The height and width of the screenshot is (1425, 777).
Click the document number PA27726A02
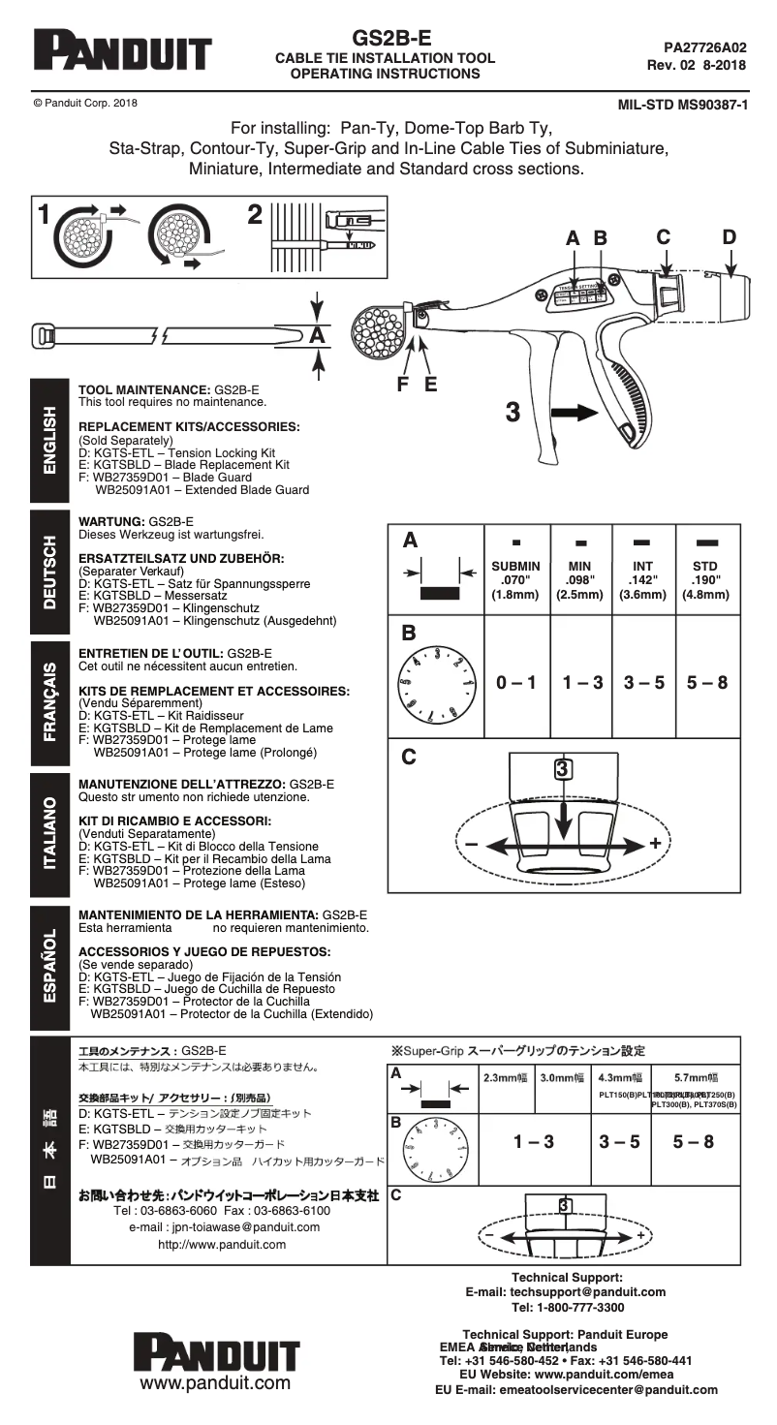tap(704, 46)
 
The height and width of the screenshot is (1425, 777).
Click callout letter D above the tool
tap(729, 236)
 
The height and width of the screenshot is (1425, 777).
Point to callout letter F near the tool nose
tap(404, 382)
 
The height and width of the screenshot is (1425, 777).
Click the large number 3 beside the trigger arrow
tap(513, 412)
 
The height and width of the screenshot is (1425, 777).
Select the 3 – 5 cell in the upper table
tap(643, 682)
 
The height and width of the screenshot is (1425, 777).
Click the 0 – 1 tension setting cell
tap(515, 682)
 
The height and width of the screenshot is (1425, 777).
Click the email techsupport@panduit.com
tap(566, 1291)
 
